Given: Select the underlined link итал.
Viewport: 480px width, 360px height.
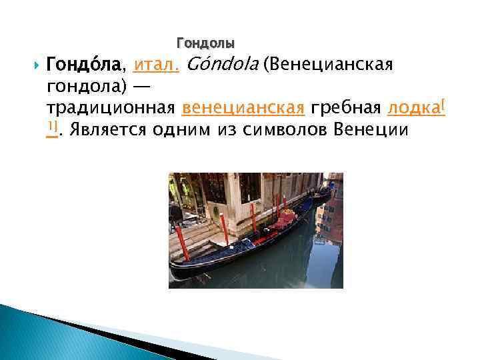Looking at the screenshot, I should point(155,65).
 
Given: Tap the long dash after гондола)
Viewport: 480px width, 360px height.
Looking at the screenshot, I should point(142,87).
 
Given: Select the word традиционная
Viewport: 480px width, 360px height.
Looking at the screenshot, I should point(111,108).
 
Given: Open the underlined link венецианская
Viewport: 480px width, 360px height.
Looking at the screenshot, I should point(243,108).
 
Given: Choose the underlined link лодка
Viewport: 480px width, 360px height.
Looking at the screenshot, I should point(413,108).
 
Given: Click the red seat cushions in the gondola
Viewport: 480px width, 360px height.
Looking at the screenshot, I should point(282,219).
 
